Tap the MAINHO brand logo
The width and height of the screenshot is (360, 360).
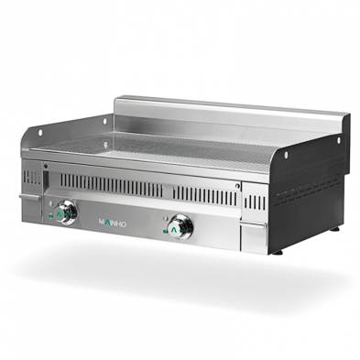click(x=115, y=221)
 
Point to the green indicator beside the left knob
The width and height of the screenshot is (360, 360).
click(x=52, y=214)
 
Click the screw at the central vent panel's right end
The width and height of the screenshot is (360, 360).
click(x=237, y=186)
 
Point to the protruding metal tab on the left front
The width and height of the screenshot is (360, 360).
click(x=25, y=195)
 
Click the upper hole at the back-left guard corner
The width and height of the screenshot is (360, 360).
click(x=104, y=119)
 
